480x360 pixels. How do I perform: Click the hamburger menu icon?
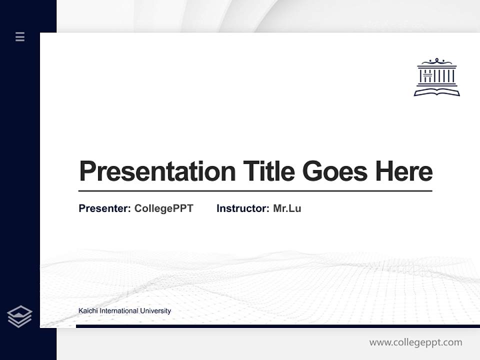20,36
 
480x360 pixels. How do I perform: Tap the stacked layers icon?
19,316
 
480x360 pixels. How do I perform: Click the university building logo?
436,76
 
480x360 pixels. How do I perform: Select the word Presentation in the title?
157,171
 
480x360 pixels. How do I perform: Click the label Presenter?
104,208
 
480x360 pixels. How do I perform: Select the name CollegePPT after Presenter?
163,208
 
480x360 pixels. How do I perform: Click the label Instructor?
242,208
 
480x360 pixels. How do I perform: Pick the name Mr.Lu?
287,208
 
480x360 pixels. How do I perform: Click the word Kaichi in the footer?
88,311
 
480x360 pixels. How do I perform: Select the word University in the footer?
155,311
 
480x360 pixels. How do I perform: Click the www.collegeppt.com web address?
415,342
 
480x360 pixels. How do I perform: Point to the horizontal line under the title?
255,191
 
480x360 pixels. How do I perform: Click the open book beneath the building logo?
436,91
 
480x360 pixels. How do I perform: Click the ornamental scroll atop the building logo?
436,61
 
